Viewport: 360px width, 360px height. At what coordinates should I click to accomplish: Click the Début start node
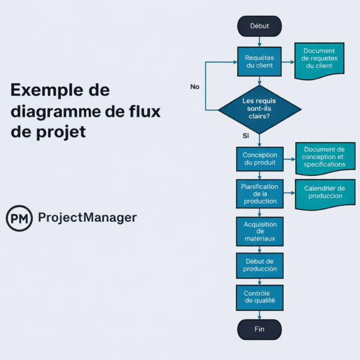259,26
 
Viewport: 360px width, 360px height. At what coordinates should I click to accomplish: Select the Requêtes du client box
259,61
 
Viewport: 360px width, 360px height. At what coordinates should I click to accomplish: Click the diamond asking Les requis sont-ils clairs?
259,109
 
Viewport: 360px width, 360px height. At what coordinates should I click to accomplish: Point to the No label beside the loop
194,87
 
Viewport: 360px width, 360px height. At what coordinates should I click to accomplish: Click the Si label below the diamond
245,136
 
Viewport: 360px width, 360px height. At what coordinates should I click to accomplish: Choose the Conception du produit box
259,160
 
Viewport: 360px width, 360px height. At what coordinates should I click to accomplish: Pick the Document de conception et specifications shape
324,157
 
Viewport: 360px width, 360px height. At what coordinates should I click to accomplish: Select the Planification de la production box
259,194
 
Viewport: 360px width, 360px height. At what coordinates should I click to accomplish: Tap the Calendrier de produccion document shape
324,193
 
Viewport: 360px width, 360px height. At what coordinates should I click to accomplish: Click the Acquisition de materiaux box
259,231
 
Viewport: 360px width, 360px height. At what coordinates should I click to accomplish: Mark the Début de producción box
259,265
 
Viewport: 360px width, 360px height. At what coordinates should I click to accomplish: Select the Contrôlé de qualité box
259,297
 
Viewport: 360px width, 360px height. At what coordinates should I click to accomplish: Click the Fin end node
259,329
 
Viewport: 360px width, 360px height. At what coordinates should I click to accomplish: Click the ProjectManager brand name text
87,218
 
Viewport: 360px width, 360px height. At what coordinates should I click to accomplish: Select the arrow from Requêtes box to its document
287,61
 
